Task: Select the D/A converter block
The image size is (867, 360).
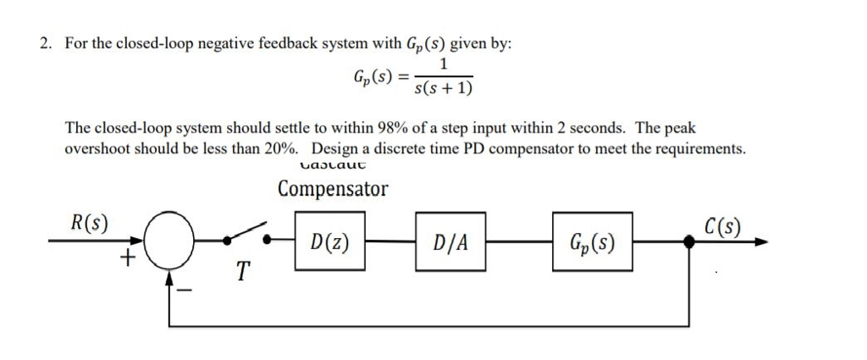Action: pyautogui.click(x=450, y=242)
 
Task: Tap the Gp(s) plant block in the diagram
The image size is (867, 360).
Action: pyautogui.click(x=592, y=242)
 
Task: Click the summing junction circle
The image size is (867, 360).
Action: pyautogui.click(x=170, y=241)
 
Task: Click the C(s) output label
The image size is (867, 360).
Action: pyautogui.click(x=722, y=226)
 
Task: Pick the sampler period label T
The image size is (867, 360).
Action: pyautogui.click(x=243, y=272)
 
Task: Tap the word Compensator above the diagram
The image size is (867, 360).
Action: pyautogui.click(x=333, y=189)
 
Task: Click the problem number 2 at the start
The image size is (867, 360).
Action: pyautogui.click(x=45, y=45)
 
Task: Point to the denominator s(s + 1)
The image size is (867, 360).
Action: pyautogui.click(x=444, y=87)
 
